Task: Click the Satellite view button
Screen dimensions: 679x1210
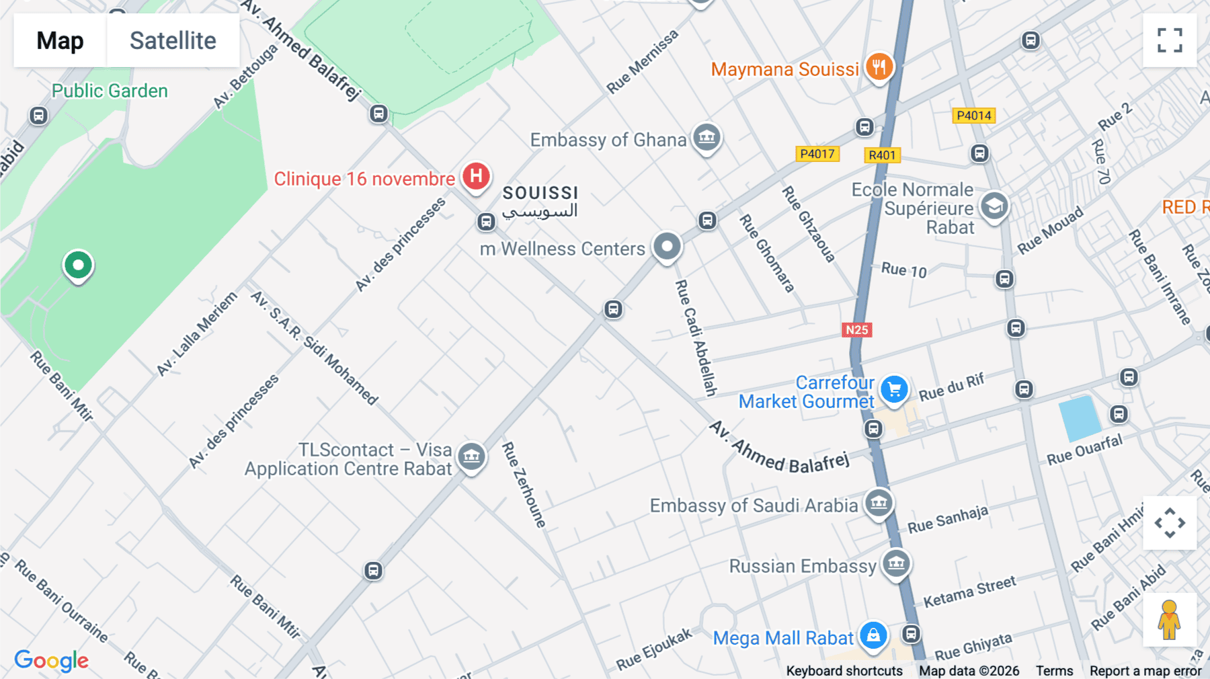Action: (173, 40)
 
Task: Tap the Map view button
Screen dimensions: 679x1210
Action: (60, 40)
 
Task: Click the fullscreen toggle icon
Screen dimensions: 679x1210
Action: (1170, 40)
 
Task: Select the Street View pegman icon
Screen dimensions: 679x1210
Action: (1169, 619)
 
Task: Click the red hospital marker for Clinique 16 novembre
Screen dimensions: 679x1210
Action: (476, 177)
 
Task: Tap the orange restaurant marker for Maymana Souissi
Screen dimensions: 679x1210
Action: (879, 67)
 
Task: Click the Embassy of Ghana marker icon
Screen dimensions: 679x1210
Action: (707, 138)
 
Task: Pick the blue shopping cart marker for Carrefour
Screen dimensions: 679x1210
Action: (894, 389)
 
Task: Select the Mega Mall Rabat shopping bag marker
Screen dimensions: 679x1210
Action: (873, 635)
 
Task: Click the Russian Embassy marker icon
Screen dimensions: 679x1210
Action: (896, 563)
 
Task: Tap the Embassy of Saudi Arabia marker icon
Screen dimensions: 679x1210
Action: (879, 502)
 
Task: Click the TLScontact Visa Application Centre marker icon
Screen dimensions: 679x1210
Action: (471, 456)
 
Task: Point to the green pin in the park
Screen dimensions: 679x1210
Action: (78, 266)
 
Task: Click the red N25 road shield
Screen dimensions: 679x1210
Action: (856, 329)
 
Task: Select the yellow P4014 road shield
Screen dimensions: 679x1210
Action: (973, 116)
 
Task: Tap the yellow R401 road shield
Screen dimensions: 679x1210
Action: (882, 155)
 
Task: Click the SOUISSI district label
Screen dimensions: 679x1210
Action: (540, 194)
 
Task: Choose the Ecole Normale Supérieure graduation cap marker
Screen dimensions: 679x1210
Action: (994, 206)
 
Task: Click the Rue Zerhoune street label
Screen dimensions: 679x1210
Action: (524, 484)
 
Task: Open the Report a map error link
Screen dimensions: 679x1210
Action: (1145, 671)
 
